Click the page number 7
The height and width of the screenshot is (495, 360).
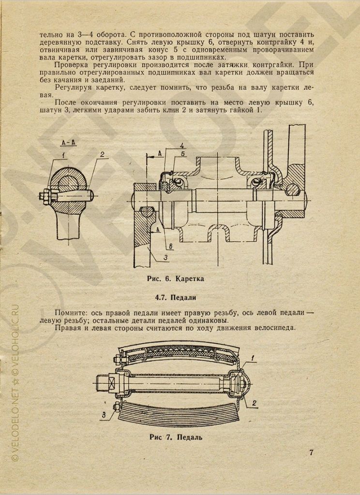(311, 452)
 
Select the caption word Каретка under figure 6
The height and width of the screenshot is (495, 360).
(190, 279)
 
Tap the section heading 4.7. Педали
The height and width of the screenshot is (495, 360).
(180, 297)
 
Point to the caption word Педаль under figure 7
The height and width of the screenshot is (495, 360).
(186, 438)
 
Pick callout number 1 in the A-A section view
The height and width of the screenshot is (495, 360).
(63, 155)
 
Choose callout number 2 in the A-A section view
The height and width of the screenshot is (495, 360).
(102, 155)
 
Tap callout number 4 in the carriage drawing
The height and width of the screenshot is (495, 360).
(181, 146)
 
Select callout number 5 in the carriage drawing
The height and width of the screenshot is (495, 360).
(183, 154)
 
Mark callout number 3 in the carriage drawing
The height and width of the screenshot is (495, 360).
(165, 257)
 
